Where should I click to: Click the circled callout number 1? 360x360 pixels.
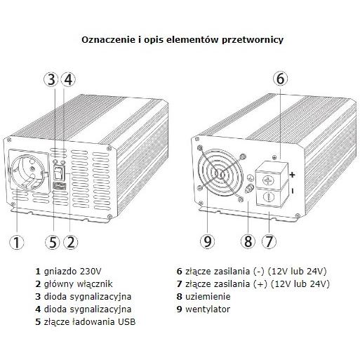click(x=17, y=242)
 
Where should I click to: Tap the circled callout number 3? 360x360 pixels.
click(x=51, y=79)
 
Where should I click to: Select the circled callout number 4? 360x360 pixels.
click(x=68, y=79)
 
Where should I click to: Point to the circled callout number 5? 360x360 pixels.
click(x=53, y=242)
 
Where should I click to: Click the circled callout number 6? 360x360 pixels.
click(x=281, y=79)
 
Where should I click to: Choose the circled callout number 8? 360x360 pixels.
click(x=248, y=241)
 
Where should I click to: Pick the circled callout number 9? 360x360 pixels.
click(x=208, y=241)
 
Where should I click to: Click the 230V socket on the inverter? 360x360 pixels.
click(x=29, y=171)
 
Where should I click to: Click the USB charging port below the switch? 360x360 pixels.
click(x=60, y=186)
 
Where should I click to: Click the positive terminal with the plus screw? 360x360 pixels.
click(x=271, y=176)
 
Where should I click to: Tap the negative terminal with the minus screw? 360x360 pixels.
click(x=271, y=196)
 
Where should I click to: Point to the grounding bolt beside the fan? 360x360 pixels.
click(x=249, y=189)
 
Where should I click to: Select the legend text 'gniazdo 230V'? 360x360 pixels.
click(x=72, y=272)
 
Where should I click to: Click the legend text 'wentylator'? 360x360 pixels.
click(x=208, y=309)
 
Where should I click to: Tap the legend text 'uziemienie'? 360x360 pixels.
click(x=208, y=296)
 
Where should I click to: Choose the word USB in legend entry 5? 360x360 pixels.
click(x=126, y=322)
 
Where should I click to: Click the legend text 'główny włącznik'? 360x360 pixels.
click(x=78, y=284)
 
